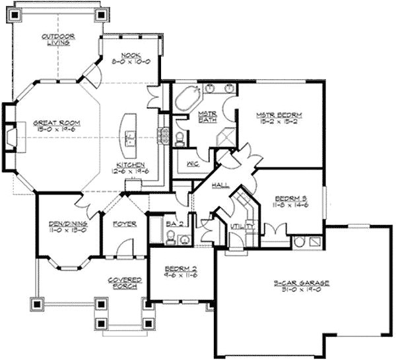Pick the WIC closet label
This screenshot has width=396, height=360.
tap(193, 162)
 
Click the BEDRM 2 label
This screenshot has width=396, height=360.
tap(176, 270)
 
